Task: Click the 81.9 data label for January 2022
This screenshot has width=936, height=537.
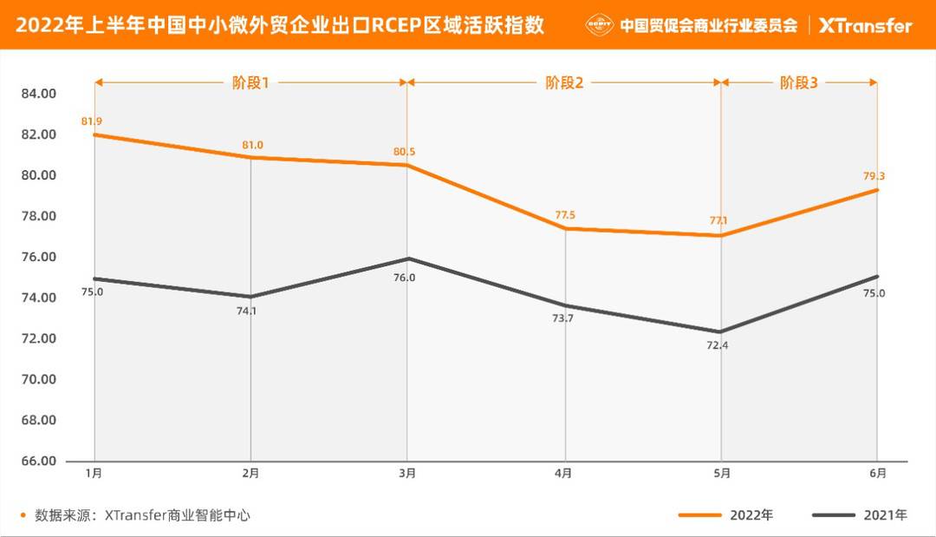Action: (92, 121)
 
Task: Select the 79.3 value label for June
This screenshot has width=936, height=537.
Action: (874, 176)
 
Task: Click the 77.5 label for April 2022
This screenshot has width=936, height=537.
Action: (565, 215)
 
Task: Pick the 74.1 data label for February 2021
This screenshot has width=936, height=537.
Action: (250, 310)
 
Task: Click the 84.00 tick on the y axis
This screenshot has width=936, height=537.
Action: (37, 94)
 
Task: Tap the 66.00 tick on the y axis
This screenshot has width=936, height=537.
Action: (37, 461)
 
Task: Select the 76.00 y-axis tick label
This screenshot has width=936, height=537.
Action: (37, 257)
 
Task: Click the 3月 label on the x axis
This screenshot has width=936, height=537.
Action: (407, 474)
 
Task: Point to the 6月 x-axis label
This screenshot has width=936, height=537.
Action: (877, 474)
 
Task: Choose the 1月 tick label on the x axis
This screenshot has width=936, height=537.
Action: (94, 474)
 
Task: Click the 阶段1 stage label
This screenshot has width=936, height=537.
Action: (250, 83)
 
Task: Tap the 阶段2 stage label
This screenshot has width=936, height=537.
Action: (564, 83)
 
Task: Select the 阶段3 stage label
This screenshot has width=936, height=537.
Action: (799, 83)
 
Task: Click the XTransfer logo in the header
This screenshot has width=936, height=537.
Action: (865, 25)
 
